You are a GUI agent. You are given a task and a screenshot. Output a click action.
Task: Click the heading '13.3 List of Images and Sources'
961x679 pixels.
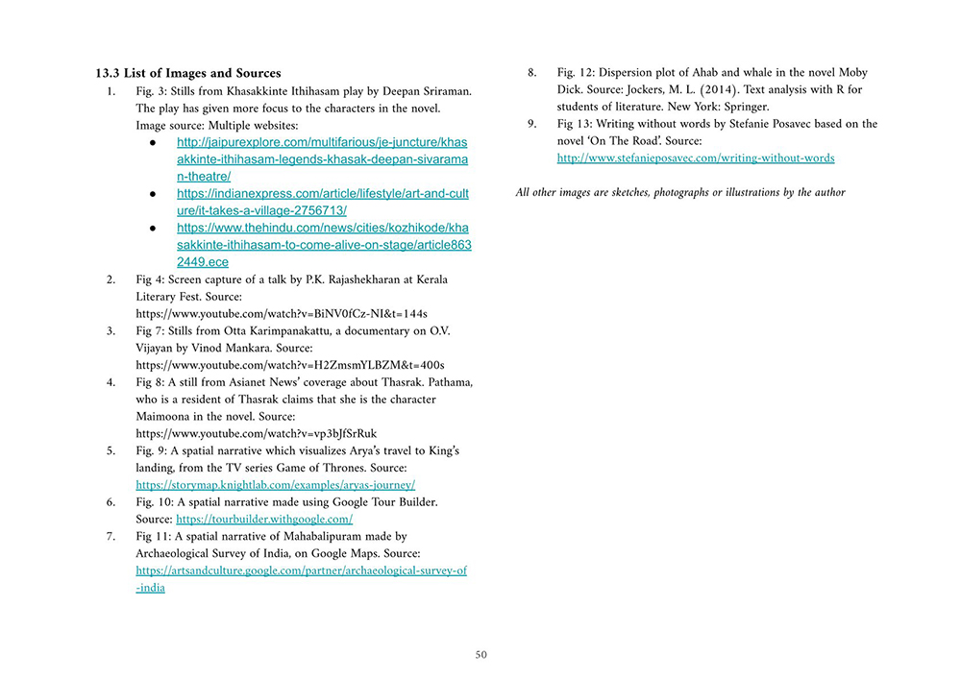point(187,73)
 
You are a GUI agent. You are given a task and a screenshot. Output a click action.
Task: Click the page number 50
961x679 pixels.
point(480,655)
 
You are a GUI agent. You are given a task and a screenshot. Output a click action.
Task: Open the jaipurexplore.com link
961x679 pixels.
point(322,158)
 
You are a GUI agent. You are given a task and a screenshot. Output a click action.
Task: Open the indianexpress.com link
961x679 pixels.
point(322,202)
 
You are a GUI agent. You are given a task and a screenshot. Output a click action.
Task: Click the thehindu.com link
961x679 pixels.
point(323,244)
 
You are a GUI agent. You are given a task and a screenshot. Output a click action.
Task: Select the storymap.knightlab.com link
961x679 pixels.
point(275,485)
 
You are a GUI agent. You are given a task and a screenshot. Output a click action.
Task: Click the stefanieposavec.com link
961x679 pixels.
point(696,158)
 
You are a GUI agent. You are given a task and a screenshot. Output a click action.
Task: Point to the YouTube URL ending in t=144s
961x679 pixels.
point(282,313)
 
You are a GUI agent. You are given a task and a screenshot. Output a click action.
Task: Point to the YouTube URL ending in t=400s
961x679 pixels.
point(290,365)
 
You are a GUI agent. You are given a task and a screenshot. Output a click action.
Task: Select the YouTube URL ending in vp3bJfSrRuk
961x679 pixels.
point(257,433)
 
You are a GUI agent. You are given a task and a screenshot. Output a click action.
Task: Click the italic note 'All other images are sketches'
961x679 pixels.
point(680,192)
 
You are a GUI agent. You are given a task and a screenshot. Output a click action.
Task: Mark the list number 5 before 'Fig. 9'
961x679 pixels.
point(111,450)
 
